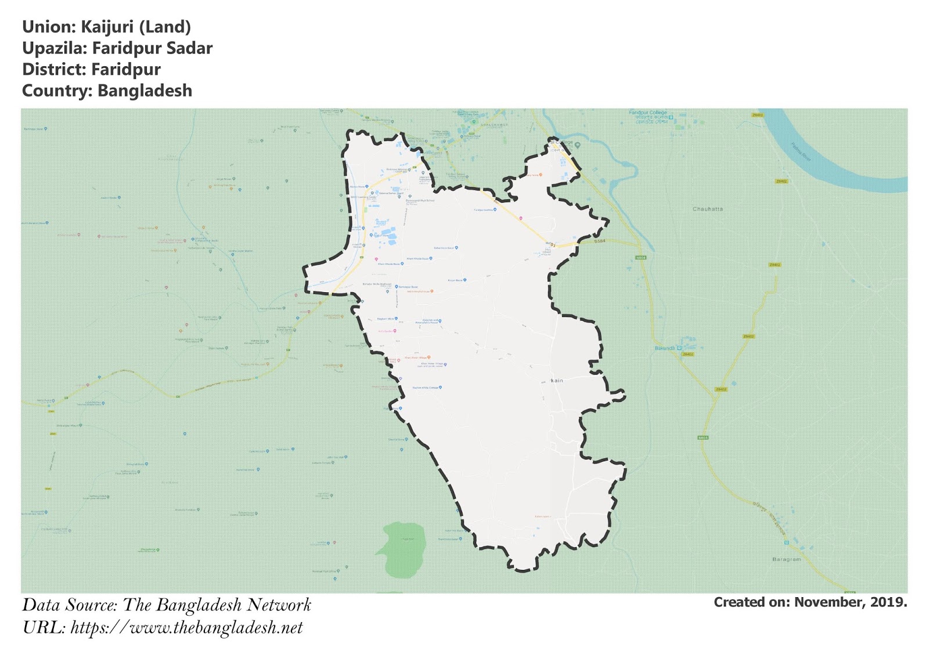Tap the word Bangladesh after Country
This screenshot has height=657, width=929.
(145, 91)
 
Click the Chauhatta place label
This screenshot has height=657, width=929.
(707, 209)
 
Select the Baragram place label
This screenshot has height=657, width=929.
(786, 559)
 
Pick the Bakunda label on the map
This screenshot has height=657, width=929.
(664, 348)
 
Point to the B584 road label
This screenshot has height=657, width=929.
(600, 240)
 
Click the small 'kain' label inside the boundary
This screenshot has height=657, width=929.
(557, 380)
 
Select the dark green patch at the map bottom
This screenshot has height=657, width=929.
(402, 548)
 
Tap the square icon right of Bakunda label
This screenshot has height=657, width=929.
(679, 348)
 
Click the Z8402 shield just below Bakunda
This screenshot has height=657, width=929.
(687, 354)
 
